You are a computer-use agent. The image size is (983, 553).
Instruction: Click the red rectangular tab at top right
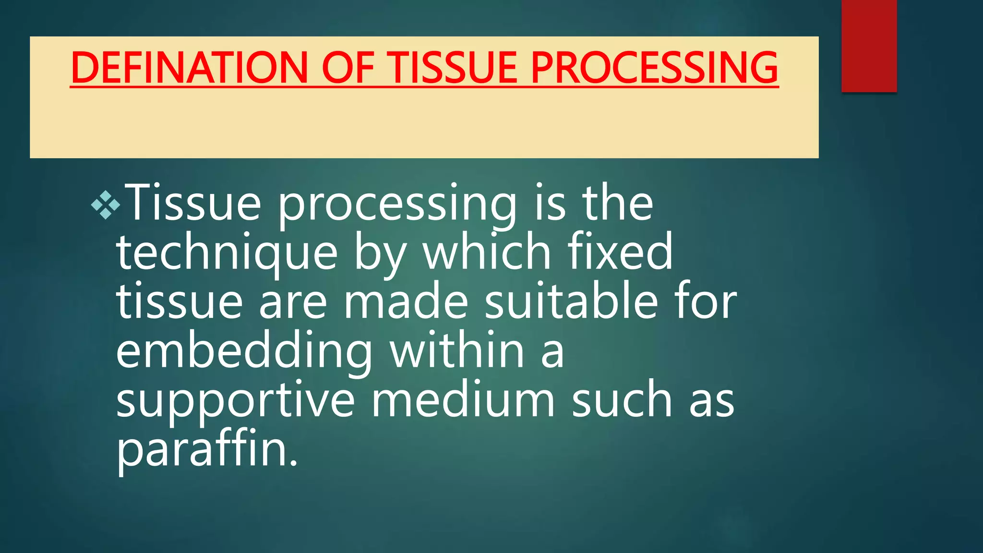[x=869, y=46]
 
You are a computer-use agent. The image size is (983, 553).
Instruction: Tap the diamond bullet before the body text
[x=106, y=205]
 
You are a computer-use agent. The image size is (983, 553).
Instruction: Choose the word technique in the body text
[x=227, y=253]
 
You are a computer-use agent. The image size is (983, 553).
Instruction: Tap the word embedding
[x=244, y=352]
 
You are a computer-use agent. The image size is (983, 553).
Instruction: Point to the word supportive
[x=236, y=401]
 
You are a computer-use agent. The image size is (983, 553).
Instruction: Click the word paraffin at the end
[x=207, y=450]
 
